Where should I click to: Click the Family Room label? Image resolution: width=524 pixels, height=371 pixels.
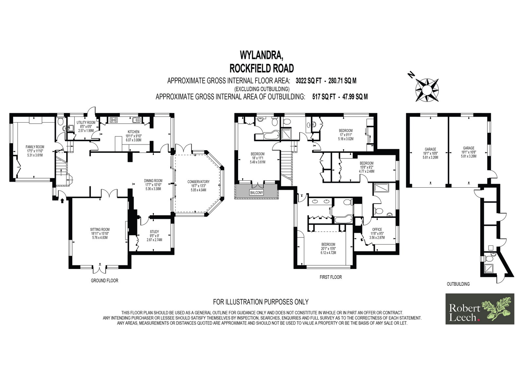[x=35, y=147]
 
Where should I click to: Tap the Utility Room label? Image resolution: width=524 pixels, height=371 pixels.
[x=86, y=123]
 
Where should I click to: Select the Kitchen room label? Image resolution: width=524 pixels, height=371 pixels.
[x=134, y=132]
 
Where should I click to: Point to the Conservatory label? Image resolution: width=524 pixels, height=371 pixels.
[x=198, y=182]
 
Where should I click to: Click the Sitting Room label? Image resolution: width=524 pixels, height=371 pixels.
[x=100, y=229]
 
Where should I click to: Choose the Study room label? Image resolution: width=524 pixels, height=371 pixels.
[x=154, y=232]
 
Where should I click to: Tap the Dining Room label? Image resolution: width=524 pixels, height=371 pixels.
[x=153, y=181]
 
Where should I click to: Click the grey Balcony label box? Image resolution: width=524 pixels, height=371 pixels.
[x=257, y=193]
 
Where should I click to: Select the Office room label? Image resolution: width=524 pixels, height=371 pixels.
[x=377, y=229]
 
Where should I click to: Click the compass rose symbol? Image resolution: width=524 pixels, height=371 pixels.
[x=427, y=90]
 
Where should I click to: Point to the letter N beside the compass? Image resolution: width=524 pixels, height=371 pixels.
[x=411, y=75]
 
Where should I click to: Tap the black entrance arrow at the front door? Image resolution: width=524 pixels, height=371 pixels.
[x=62, y=201]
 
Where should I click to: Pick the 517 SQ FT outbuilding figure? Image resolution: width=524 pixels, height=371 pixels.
[x=324, y=97]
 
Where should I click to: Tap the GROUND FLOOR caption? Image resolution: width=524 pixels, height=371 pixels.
[x=104, y=280]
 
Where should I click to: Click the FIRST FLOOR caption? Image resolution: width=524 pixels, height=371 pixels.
[x=330, y=277]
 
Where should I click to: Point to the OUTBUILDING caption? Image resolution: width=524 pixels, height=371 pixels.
[x=458, y=284]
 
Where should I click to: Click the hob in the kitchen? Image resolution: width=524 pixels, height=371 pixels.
[x=114, y=120]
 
